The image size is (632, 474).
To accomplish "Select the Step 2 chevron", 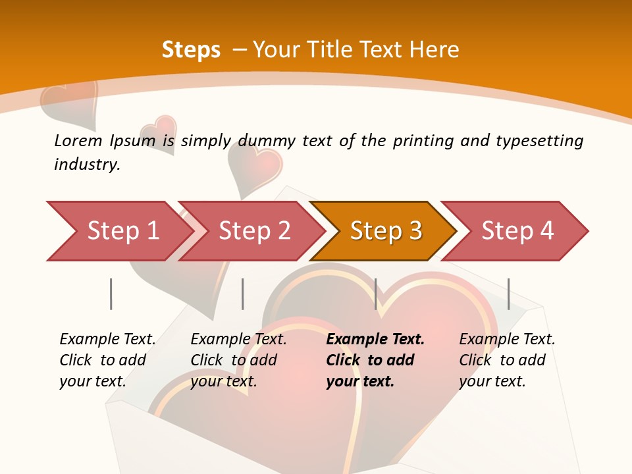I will coord(254,231).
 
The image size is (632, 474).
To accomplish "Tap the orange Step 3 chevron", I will coord(386,231).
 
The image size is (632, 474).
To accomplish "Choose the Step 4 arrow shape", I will coord(517,231).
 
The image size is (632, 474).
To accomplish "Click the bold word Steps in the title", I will coord(191,50).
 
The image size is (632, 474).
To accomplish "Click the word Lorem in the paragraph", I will coord(78,140).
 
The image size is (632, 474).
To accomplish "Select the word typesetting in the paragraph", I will coord(539,140).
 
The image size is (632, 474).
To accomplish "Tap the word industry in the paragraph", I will coord(87,164).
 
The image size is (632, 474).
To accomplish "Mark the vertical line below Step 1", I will coord(111,294).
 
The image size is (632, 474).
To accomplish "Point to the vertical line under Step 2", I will coord(242,294).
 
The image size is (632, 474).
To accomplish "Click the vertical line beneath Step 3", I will coord(375,294).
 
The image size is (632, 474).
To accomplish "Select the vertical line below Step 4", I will coord(508,294).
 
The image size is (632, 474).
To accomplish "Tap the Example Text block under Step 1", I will coord(107,360).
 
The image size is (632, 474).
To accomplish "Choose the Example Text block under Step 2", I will coord(238,360).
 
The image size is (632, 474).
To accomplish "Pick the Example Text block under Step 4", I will coord(507,360).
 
